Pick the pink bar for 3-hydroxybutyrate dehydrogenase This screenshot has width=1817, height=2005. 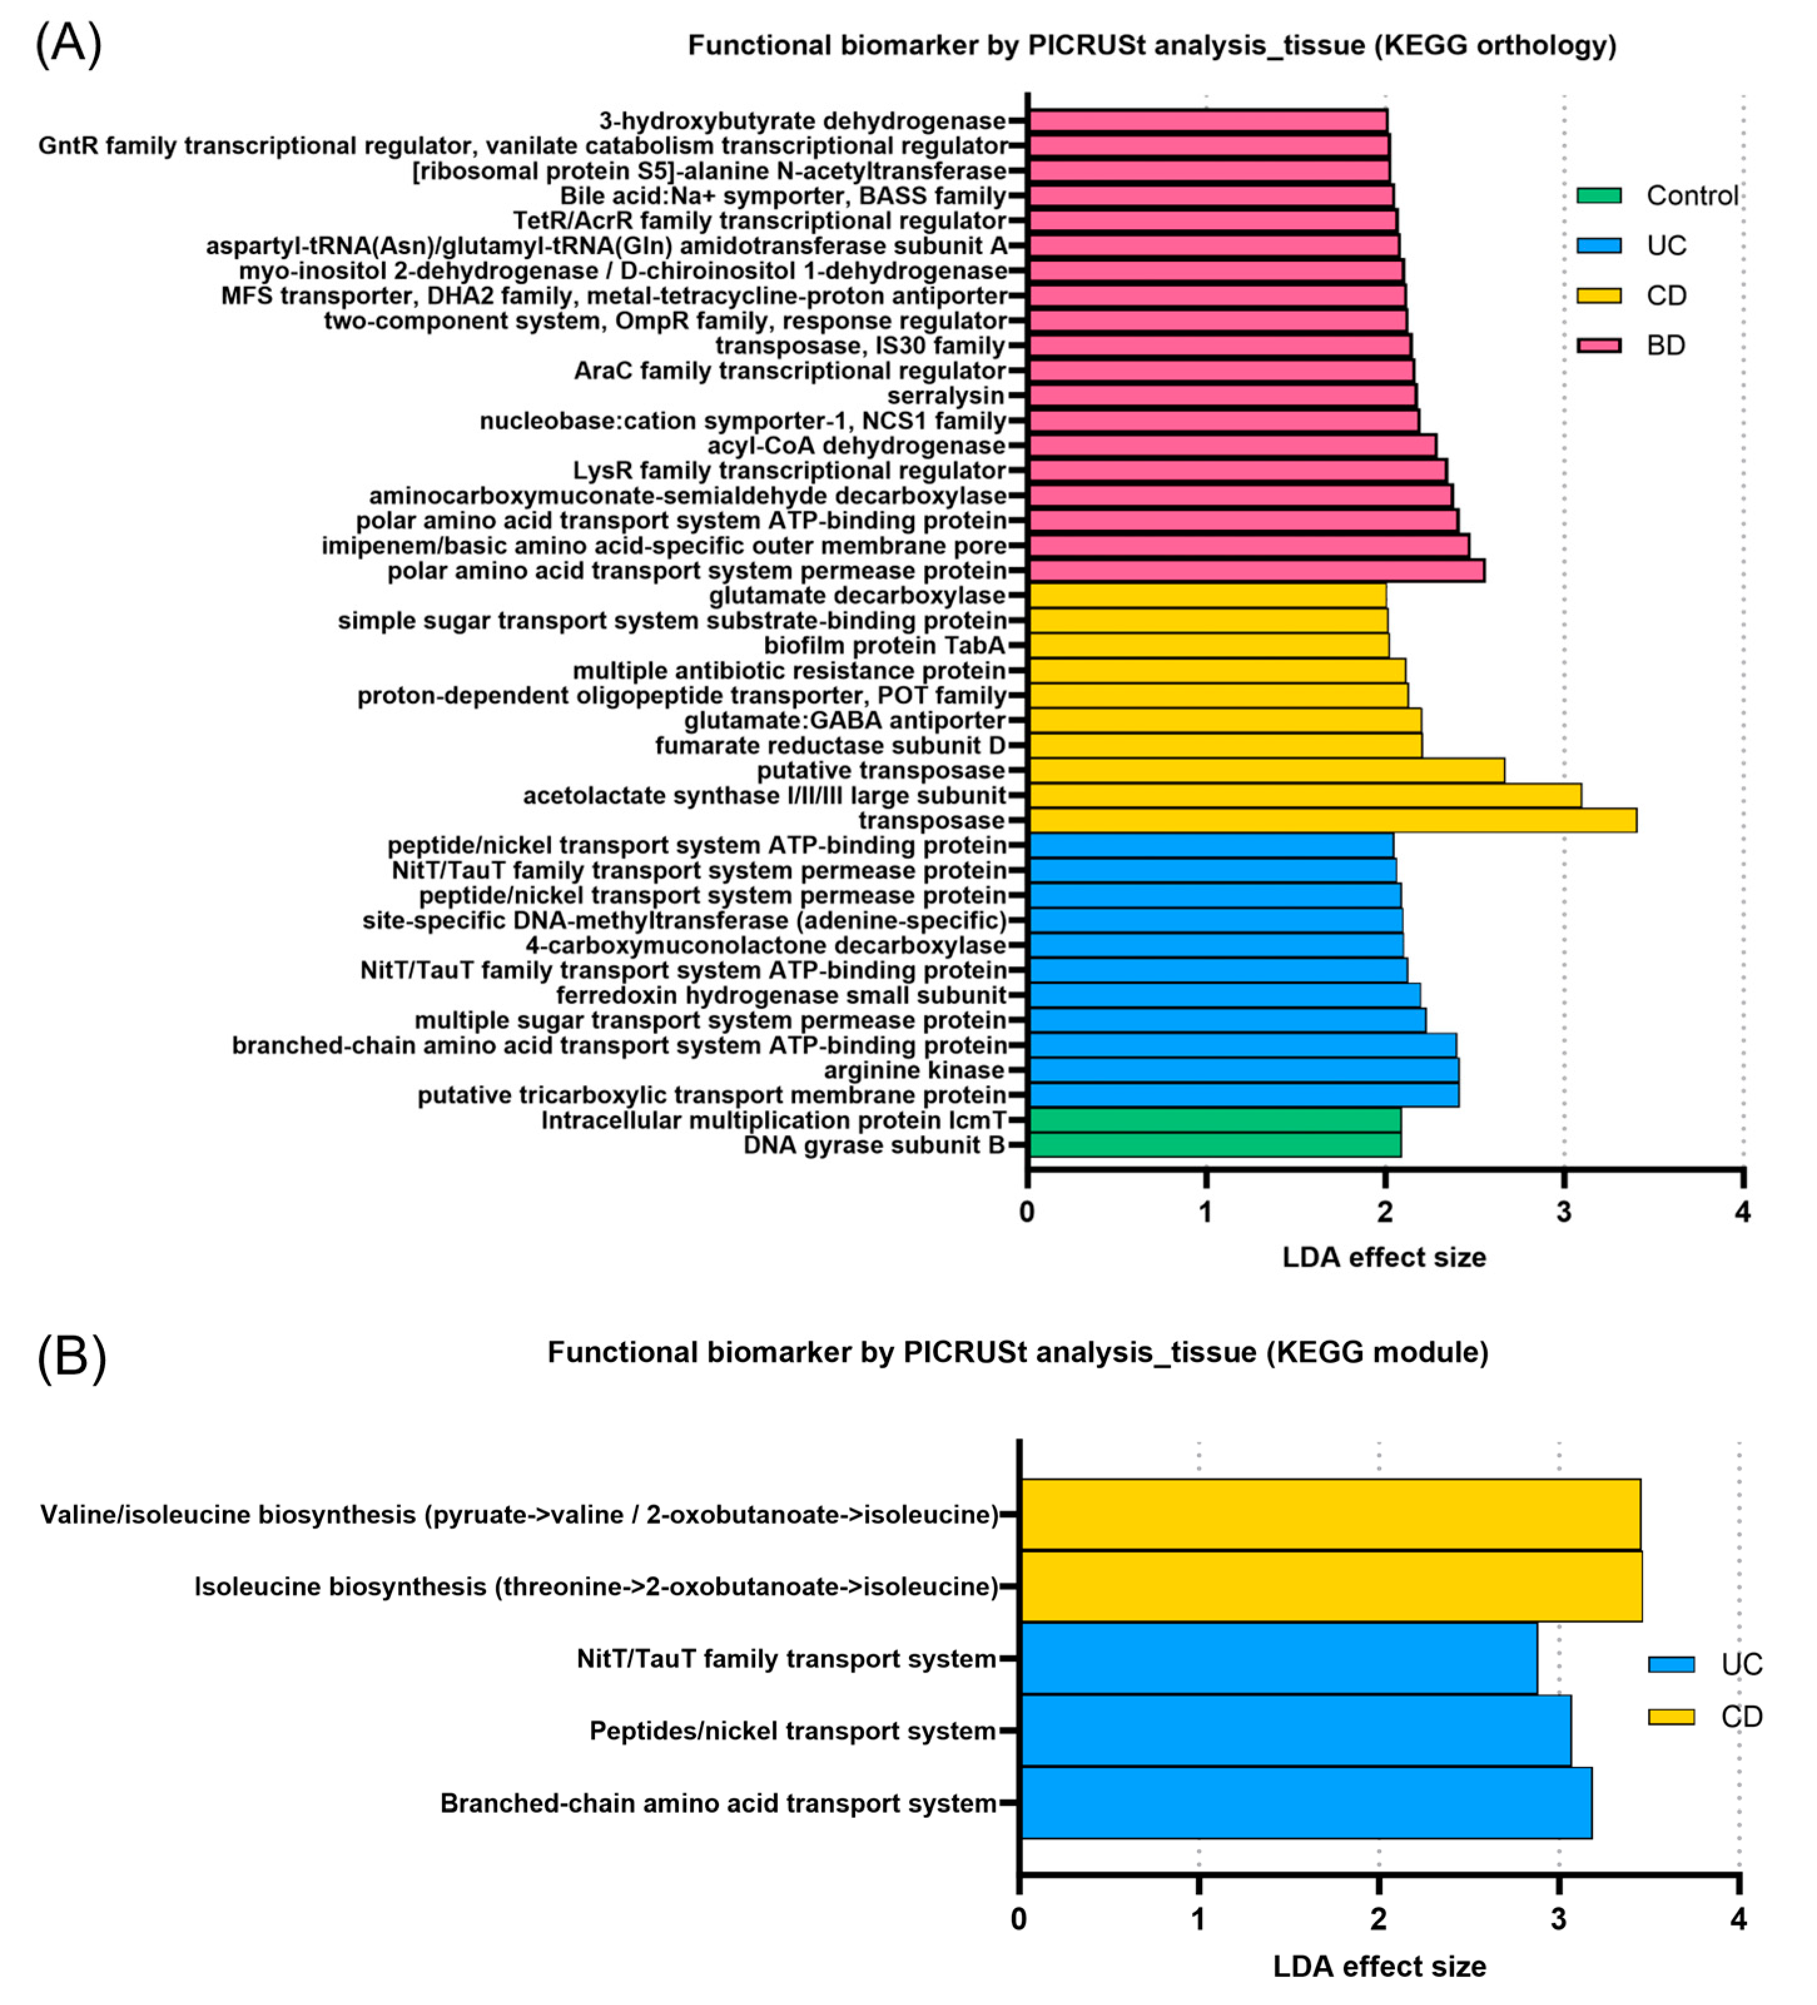[1207, 120]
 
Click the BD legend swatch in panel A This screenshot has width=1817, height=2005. [1598, 345]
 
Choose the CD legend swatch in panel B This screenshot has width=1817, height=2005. [1671, 1716]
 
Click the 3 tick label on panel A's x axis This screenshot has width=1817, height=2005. [1563, 1212]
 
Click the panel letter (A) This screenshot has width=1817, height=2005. [68, 44]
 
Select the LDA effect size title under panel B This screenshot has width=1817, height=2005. [1379, 1966]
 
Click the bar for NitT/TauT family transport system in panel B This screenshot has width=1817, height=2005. [1278, 1659]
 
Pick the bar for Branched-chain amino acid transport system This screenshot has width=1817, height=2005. [1305, 1803]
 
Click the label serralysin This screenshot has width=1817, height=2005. [946, 396]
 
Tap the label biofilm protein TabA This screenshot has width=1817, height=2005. [884, 646]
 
